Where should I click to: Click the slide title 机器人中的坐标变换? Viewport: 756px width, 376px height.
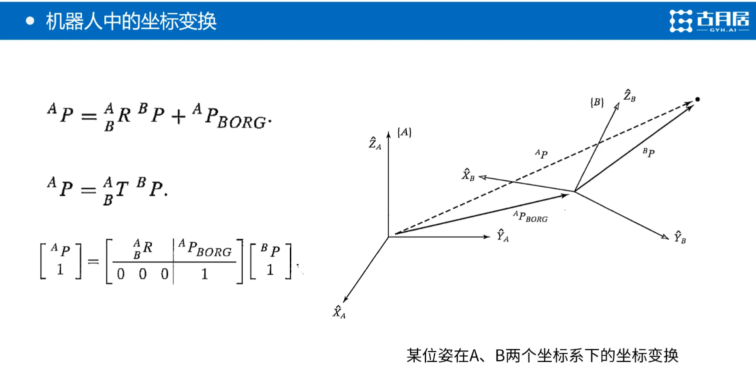131,21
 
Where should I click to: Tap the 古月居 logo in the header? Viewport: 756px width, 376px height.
710,21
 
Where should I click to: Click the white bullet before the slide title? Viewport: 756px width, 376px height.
31,21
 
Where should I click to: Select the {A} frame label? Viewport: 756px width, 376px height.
404,132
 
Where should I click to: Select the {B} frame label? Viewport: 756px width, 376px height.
597,102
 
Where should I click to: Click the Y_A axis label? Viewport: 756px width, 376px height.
503,235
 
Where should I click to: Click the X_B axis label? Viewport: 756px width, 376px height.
468,175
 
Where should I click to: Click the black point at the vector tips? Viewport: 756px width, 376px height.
698,99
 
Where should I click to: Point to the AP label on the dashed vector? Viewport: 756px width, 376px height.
541,154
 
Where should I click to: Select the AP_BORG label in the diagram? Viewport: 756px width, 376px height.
530,216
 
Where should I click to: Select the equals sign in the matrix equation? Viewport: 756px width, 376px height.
93,260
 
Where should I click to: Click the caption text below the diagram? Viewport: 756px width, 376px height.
542,356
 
